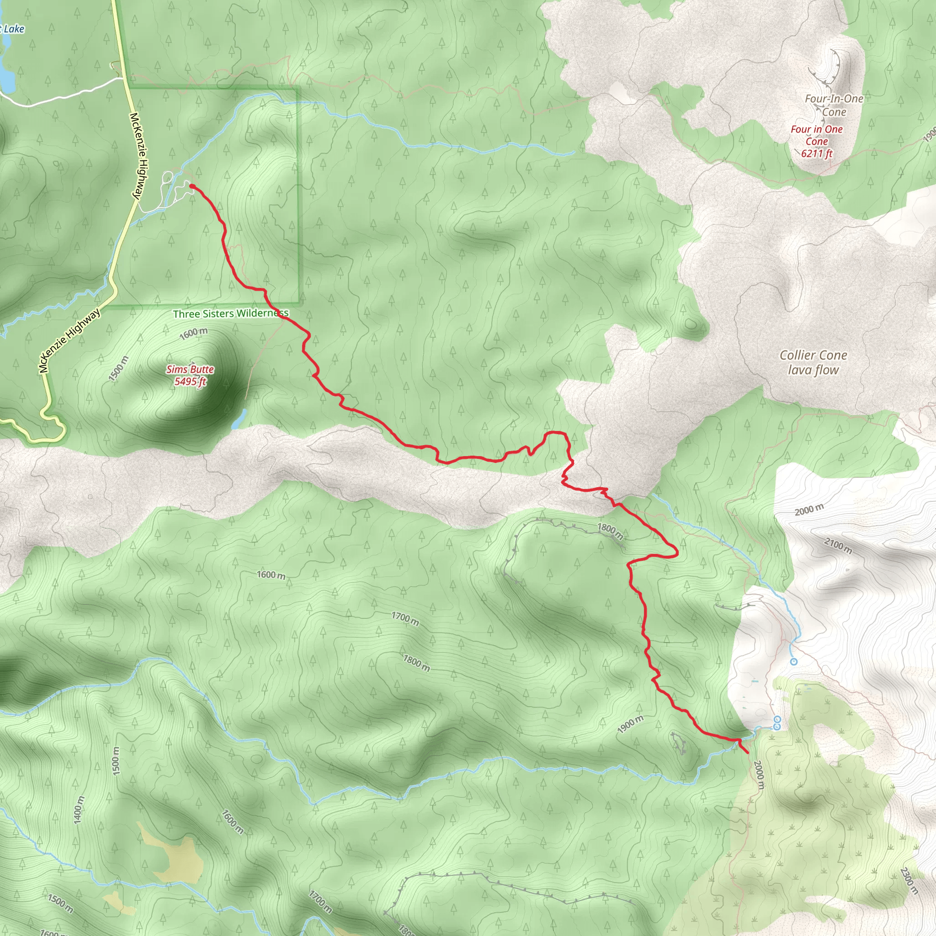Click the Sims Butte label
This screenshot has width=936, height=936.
click(x=190, y=369)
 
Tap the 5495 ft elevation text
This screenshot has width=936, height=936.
click(x=190, y=381)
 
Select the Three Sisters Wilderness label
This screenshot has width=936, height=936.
click(x=231, y=314)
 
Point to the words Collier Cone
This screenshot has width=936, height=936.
click(x=813, y=355)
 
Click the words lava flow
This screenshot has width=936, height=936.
click(x=813, y=370)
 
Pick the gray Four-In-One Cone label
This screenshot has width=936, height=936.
click(x=834, y=105)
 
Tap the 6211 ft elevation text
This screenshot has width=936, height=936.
click(x=816, y=154)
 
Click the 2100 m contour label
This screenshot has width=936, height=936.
click(x=838, y=546)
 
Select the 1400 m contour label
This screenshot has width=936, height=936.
click(x=79, y=809)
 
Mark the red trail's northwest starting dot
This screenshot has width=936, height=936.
click(x=192, y=186)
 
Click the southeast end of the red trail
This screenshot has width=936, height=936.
click(x=748, y=752)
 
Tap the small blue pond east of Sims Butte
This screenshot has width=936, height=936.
click(x=239, y=419)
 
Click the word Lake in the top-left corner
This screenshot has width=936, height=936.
click(x=14, y=29)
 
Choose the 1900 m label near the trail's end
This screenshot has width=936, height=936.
click(x=630, y=724)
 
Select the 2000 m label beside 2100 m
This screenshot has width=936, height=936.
click(x=808, y=510)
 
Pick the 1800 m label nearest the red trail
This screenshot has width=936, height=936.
click(x=610, y=531)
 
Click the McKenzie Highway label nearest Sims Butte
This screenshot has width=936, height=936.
click(x=70, y=340)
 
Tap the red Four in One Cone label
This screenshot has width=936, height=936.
click(x=817, y=135)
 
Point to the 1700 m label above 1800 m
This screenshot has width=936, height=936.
click(x=405, y=619)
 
